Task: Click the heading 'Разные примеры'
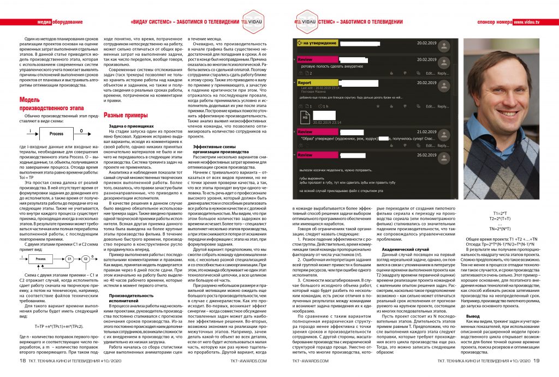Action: pyautogui.click(x=126, y=116)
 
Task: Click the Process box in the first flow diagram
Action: pyautogui.click(x=56, y=134)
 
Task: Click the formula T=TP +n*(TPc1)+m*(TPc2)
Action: pyautogui.click(x=58, y=326)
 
